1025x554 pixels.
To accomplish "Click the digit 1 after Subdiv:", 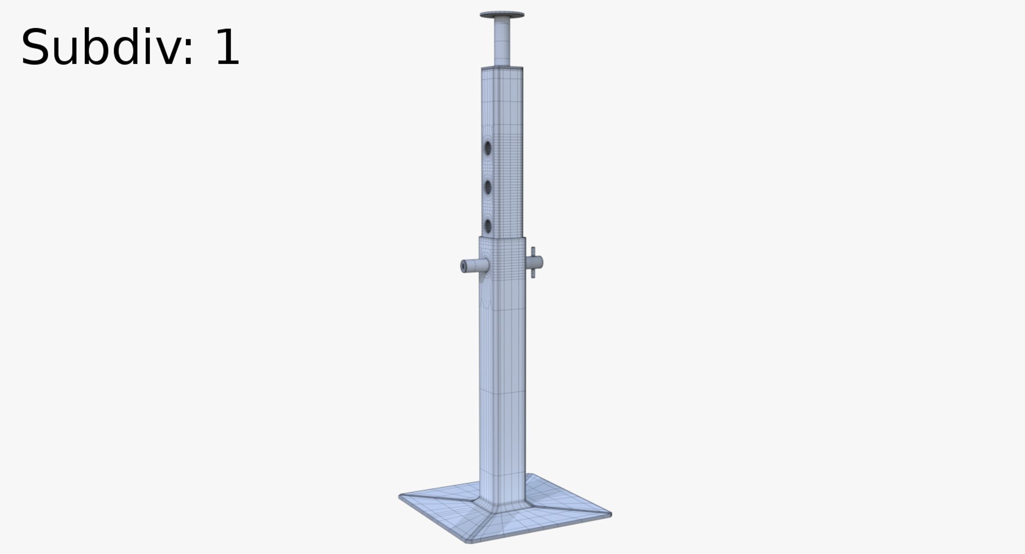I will [x=226, y=48].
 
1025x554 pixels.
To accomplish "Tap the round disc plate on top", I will [x=502, y=15].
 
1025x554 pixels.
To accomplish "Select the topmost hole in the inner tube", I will [x=487, y=147].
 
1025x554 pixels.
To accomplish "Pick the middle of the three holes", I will [x=487, y=186].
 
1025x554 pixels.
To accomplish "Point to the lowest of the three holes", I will [x=487, y=225].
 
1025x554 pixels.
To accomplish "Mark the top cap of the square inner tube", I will [x=502, y=68].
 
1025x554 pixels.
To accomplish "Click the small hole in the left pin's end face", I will [x=463, y=266].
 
